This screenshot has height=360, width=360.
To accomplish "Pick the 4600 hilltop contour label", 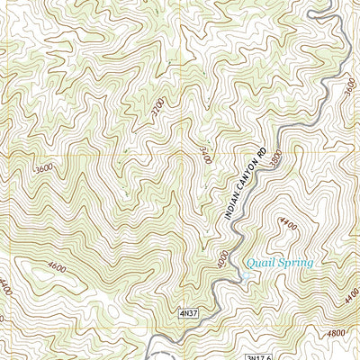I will click(x=57, y=267).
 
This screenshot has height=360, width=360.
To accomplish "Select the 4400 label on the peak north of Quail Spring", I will click(x=287, y=221).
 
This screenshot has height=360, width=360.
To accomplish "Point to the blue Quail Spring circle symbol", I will click(x=246, y=275).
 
